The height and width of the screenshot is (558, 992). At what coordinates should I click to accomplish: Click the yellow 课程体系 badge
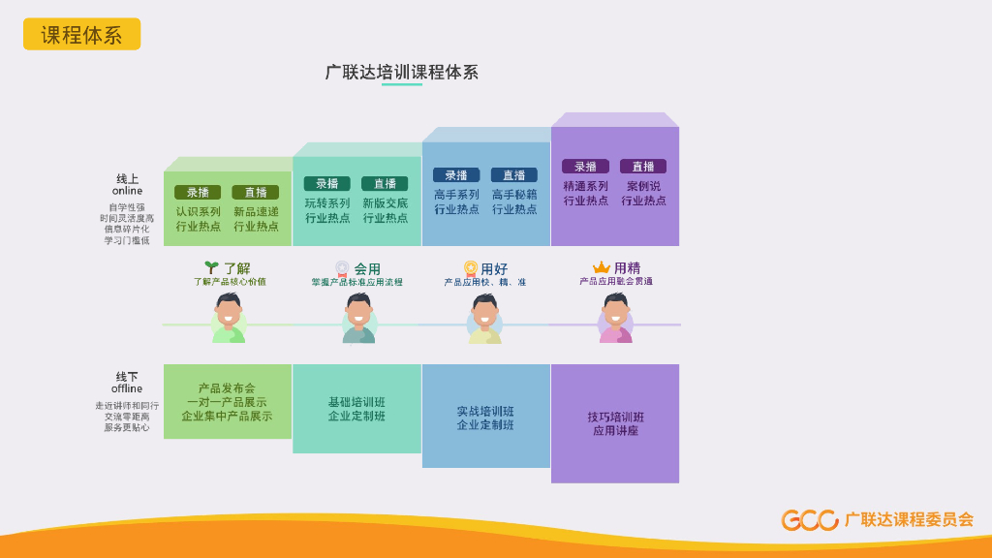tap(81, 35)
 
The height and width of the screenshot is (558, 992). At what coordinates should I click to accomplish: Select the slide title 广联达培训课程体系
tap(401, 73)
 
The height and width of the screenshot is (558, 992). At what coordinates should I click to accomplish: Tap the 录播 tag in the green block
tap(198, 192)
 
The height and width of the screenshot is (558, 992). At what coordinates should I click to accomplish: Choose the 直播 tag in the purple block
tap(643, 167)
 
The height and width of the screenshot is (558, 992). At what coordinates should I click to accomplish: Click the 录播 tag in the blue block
tap(455, 175)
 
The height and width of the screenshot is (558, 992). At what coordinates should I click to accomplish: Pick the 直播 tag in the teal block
tap(385, 183)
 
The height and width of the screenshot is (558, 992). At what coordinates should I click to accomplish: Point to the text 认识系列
tap(198, 211)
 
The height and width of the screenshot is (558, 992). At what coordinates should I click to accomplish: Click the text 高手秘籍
tap(513, 194)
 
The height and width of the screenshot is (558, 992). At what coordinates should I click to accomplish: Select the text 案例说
tap(643, 186)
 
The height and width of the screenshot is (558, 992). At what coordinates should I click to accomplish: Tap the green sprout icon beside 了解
tap(211, 267)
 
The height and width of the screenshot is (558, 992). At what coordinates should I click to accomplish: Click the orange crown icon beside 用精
tap(602, 267)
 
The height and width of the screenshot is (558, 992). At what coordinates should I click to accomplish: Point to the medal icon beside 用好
tap(471, 268)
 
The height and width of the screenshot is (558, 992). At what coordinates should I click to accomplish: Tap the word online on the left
tap(127, 191)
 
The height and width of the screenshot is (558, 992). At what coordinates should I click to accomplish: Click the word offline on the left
tap(127, 388)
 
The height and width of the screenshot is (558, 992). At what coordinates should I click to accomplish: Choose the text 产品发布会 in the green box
tap(227, 388)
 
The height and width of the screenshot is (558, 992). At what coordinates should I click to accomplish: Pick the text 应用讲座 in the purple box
tap(615, 430)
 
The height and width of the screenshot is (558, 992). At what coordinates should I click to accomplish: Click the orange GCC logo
tap(810, 520)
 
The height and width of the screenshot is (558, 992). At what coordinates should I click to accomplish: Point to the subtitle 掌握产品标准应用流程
tap(356, 283)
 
